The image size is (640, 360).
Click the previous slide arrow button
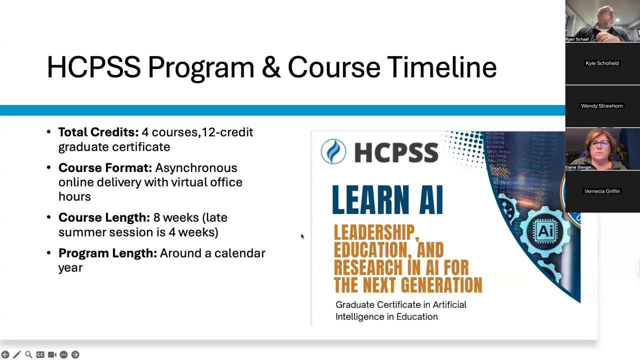tap(5, 354)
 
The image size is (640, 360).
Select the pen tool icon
tap(17, 354)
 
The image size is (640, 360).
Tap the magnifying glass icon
tap(28, 354)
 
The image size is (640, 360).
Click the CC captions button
tap(40, 354)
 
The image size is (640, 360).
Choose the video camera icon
tap(52, 354)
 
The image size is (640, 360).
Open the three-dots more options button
tap(63, 354)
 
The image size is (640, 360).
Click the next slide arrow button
tap(75, 354)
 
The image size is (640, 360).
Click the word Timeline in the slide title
tap(441, 67)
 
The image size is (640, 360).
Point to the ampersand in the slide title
tap(270, 67)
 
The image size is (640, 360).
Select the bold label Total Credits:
tap(98, 132)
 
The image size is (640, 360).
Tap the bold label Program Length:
tap(107, 253)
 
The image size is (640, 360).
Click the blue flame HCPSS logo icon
tap(333, 151)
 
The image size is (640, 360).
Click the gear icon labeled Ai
tap(544, 231)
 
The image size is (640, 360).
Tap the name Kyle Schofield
tap(602, 63)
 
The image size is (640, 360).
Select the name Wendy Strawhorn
tap(602, 106)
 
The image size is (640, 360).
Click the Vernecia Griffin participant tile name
tap(602, 191)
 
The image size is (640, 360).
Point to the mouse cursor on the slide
tap(302, 236)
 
